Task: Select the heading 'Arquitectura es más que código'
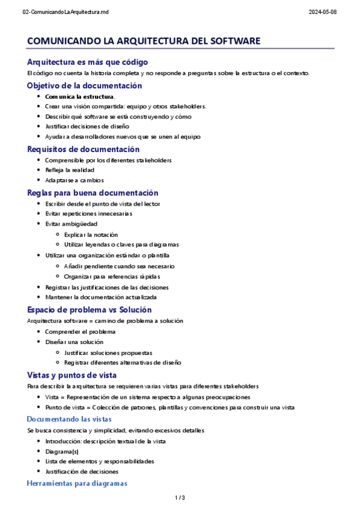88,62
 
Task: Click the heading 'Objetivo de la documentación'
85,85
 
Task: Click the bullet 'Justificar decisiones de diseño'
87,126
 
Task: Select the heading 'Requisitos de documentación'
84,149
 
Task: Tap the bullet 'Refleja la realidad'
70,170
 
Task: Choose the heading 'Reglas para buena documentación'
93,193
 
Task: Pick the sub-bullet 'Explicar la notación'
91,235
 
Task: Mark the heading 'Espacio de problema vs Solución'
90,310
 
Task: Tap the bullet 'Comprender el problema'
80,331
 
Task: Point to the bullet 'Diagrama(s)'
62,451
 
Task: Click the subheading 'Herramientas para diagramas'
78,484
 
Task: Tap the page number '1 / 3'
180,497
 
